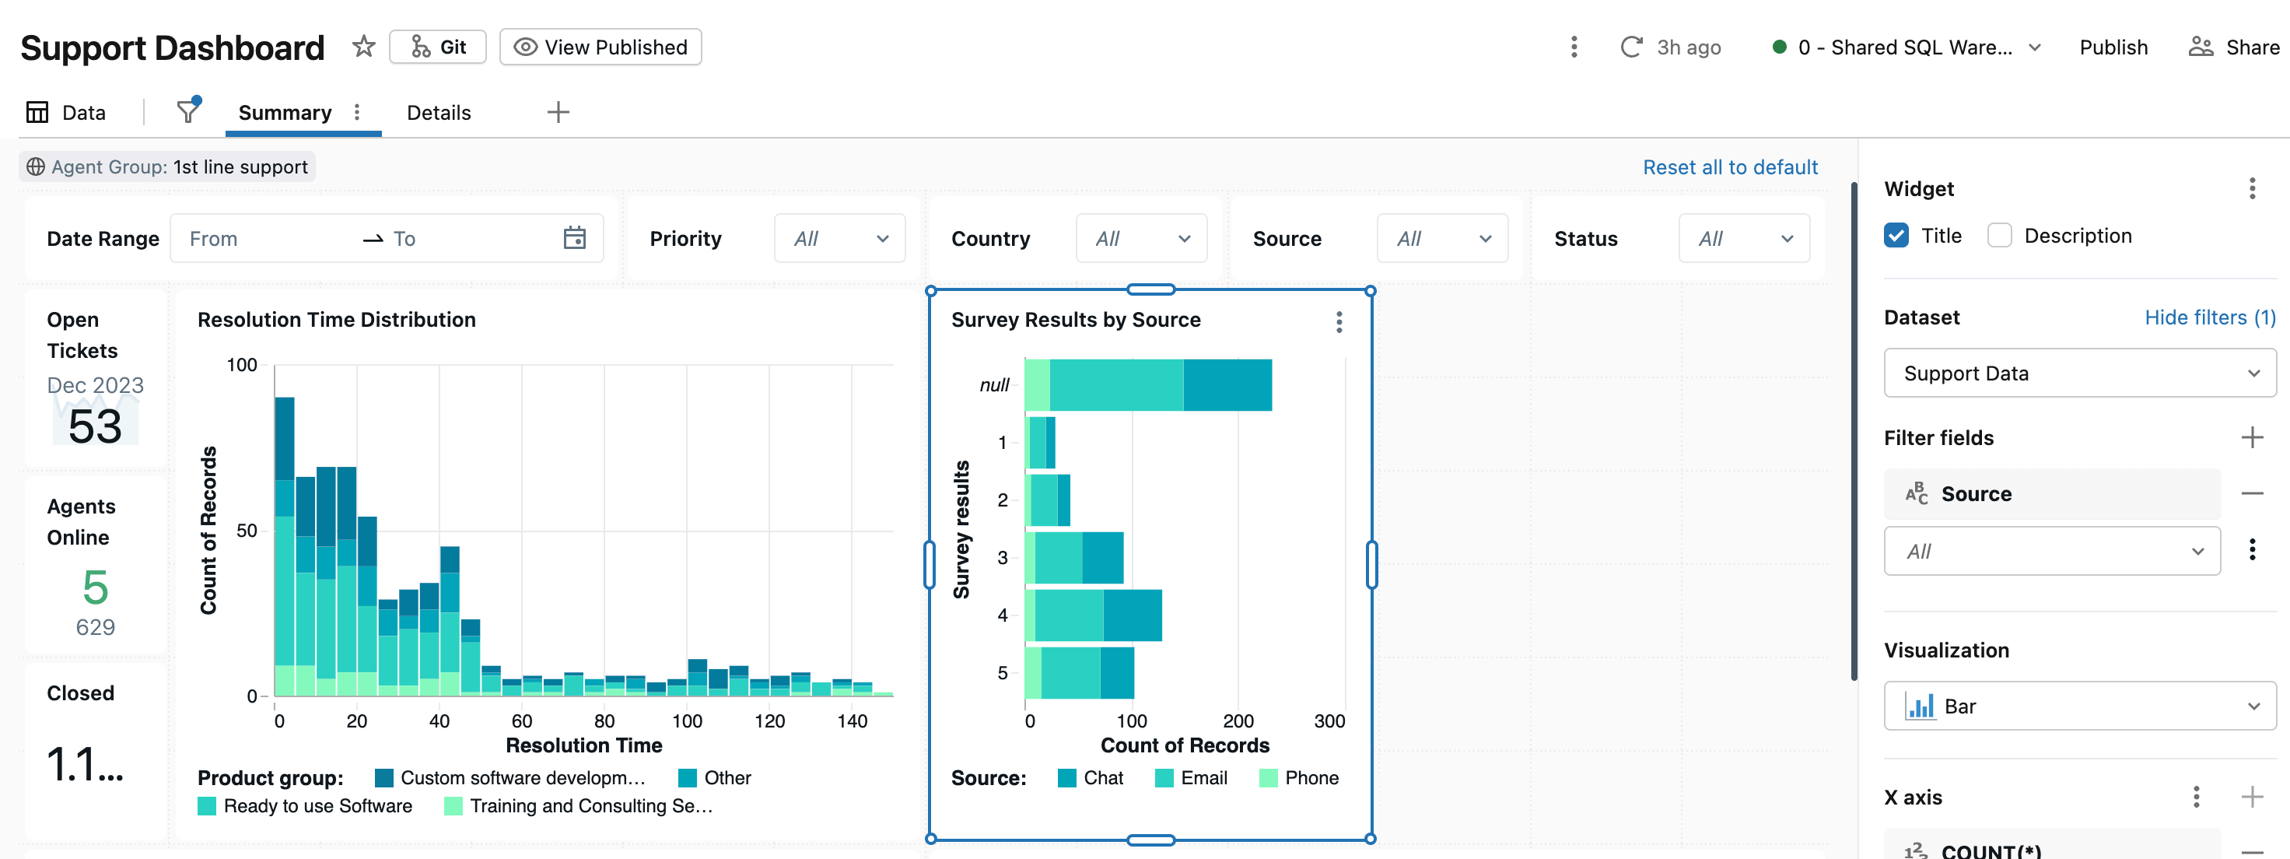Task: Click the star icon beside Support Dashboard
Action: pos(362,46)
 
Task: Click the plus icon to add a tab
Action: pos(558,113)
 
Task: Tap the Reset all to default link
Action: pos(1729,167)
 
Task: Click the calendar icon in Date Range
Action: pos(574,238)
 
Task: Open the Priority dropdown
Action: pos(839,238)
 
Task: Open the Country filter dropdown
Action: pos(1140,238)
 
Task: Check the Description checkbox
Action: pos(1999,236)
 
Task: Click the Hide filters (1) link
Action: pos(2209,317)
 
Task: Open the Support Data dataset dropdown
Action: pos(2078,373)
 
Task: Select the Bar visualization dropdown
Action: pos(2078,706)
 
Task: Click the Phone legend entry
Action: pos(1299,778)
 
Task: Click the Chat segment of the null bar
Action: pos(1227,385)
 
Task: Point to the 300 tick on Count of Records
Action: pos(1329,721)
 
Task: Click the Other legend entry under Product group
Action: pos(715,778)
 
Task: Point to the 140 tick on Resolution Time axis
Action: pos(852,721)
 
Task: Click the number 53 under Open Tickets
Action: pos(95,427)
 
